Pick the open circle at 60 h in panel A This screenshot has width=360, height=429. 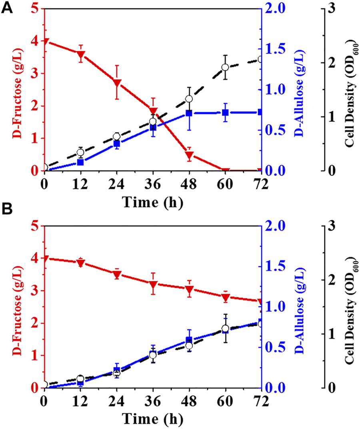click(225, 67)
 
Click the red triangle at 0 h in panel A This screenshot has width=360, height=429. click(45, 41)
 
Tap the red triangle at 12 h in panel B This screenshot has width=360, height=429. click(81, 263)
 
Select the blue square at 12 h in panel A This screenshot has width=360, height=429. click(81, 162)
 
